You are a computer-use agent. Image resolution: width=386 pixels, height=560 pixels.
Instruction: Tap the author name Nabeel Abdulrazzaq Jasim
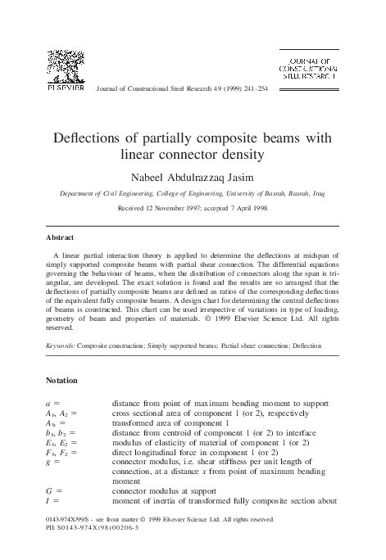(x=193, y=176)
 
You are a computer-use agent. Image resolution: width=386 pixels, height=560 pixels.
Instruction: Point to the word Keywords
(x=60, y=347)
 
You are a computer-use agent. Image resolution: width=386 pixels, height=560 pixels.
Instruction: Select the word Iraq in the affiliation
(x=319, y=194)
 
